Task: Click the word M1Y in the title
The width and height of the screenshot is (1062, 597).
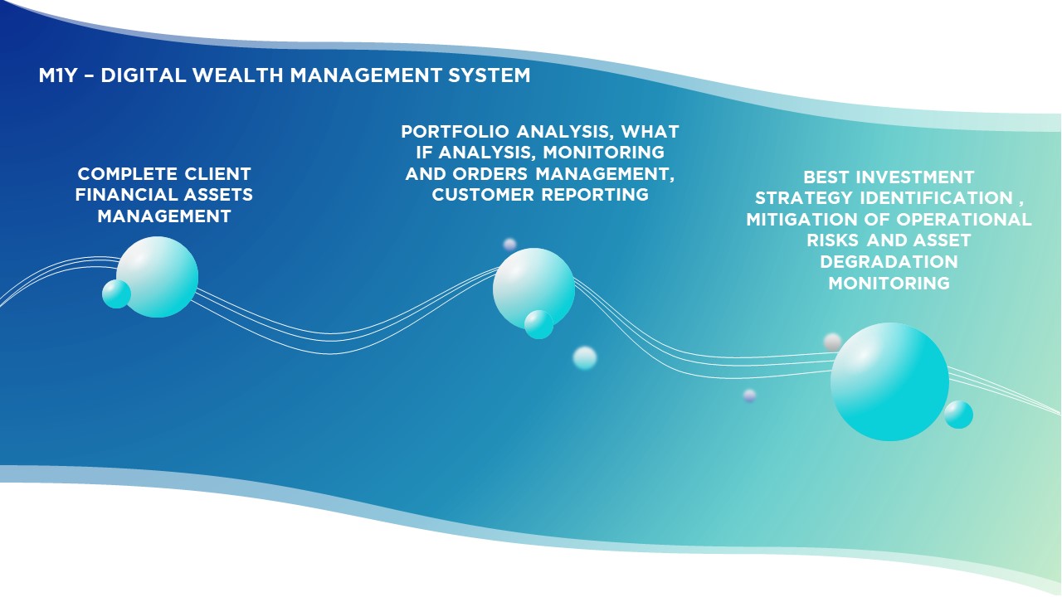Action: (x=57, y=75)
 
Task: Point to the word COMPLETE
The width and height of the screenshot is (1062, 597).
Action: (x=128, y=174)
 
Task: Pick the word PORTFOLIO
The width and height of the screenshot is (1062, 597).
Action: (x=455, y=131)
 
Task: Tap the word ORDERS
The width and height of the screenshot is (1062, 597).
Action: (x=490, y=174)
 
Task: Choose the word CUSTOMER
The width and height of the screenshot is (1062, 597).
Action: (x=483, y=195)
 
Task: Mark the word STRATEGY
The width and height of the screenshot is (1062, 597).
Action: (x=804, y=198)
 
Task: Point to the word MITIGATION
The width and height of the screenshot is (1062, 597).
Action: (x=801, y=220)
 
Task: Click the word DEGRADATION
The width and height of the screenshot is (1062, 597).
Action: (x=889, y=262)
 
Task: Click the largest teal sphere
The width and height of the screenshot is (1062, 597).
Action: (x=889, y=382)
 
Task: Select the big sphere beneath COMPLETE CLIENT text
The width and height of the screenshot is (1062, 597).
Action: (x=157, y=277)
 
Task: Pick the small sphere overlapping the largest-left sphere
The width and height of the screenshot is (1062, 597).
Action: (x=117, y=294)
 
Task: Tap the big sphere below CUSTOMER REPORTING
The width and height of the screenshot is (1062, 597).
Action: (x=533, y=289)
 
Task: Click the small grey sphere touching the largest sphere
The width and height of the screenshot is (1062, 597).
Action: (x=832, y=342)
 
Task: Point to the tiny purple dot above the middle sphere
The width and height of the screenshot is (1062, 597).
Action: (x=509, y=245)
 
